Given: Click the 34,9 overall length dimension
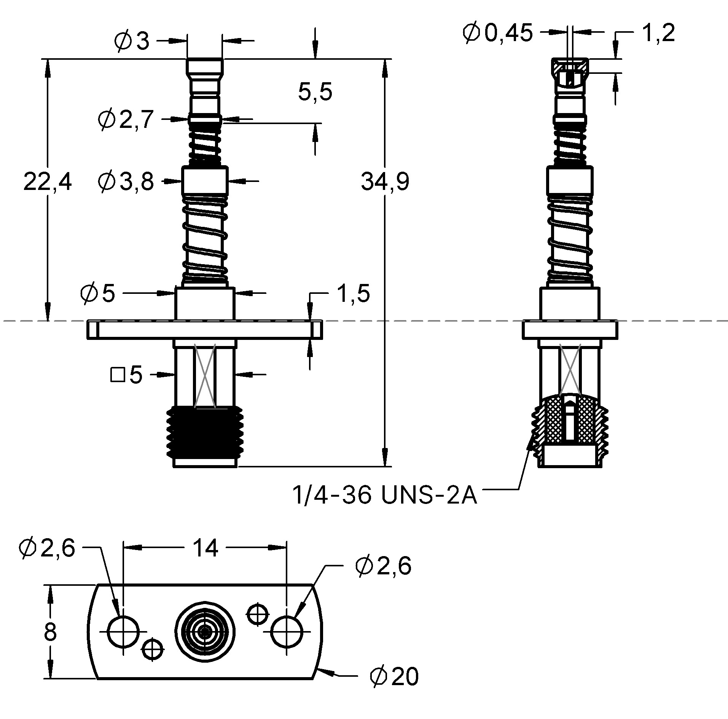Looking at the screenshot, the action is [x=385, y=181].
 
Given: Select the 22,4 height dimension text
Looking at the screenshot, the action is [x=48, y=182].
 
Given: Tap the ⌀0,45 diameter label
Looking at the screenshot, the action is [x=497, y=33].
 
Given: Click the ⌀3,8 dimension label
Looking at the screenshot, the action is [x=126, y=181].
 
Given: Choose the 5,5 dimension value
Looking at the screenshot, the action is [x=315, y=92].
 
